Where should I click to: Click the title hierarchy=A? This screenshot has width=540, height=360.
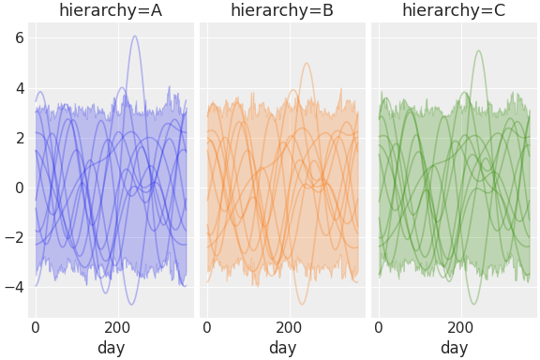111,11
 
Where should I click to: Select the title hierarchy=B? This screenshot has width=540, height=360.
282,11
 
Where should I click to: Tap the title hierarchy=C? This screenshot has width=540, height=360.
454,11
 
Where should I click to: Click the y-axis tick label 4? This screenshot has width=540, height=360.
19,88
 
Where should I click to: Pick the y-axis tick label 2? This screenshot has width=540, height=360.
19,138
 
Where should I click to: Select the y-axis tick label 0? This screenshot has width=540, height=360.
19,187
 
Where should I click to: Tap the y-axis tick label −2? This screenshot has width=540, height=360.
14,237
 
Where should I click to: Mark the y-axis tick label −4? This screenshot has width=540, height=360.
14,287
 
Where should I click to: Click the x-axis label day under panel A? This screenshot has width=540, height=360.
111,348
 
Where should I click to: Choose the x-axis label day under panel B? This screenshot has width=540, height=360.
282,348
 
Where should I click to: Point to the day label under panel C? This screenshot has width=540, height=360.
454,348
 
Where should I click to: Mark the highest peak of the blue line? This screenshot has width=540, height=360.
135,37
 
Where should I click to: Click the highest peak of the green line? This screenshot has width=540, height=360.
478,51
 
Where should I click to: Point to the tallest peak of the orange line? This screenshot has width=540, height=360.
306,64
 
